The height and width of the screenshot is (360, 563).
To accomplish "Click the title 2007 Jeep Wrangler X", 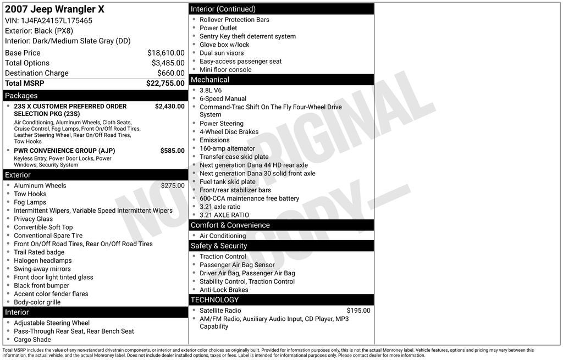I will point(54,9).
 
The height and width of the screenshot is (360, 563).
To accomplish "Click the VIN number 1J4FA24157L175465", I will point(57,21).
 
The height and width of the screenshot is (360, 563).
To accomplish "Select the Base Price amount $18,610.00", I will point(165,53).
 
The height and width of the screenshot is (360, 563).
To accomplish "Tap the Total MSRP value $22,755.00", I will point(165,84).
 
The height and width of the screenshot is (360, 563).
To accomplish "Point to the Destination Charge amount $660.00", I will point(171,73).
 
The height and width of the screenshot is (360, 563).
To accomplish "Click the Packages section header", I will point(21,96).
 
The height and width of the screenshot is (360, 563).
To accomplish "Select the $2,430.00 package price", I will point(169,107).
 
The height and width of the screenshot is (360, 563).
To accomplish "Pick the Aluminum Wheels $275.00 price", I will point(173,186).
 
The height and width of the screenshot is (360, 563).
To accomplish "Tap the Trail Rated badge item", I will point(39,252).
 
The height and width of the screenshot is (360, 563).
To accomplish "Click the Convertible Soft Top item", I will point(43,228).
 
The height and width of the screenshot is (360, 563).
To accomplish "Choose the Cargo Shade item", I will point(32,340).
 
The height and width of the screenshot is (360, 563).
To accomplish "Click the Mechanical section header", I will point(210,80).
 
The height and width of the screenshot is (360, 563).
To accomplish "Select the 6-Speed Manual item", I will point(223,99).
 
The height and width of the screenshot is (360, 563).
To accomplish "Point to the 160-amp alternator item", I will point(227,148).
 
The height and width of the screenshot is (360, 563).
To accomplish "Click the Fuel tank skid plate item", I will point(227,182).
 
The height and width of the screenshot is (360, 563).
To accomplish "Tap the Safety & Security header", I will point(219,246).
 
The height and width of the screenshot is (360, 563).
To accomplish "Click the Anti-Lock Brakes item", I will point(224,290).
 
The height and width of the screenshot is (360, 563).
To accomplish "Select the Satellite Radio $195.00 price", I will point(358,311).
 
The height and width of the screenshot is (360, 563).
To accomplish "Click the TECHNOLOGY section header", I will point(215,300).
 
